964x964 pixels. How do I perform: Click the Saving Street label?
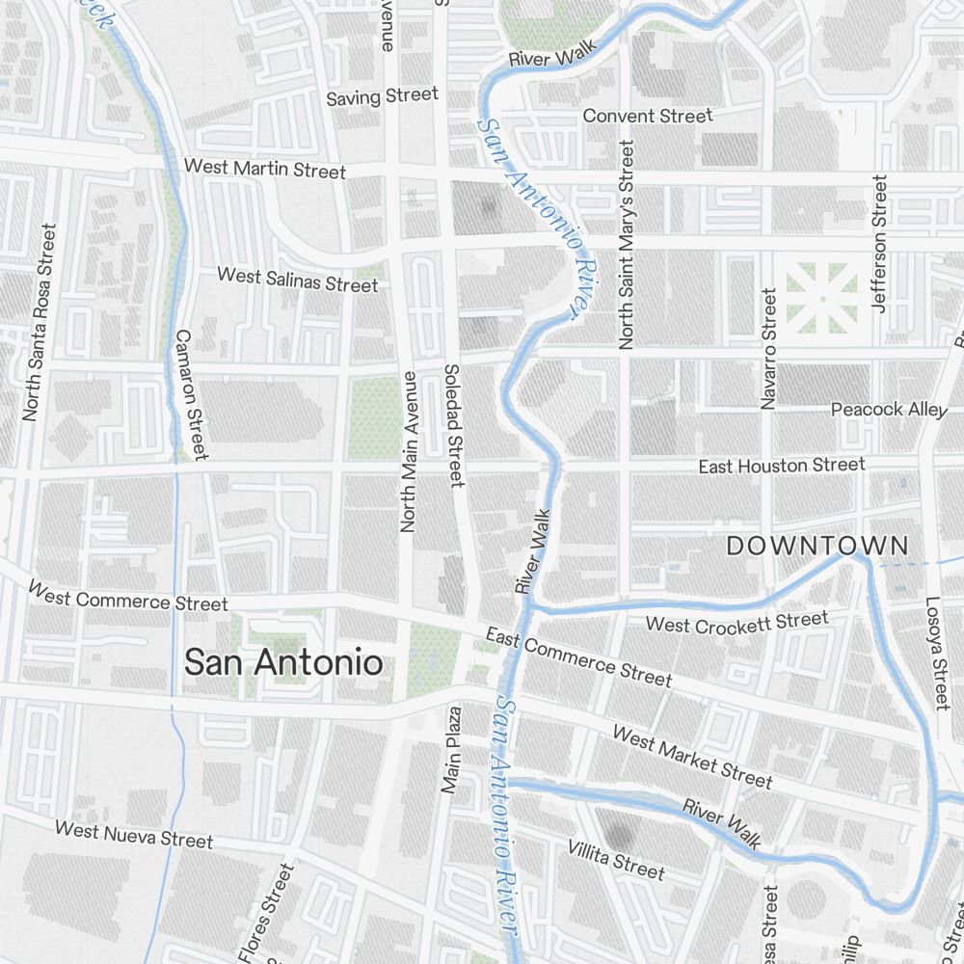pos(382,96)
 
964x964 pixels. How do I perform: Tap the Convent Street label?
pos(648,116)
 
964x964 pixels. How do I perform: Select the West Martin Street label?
pos(264,169)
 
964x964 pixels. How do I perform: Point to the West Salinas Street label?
pos(297,280)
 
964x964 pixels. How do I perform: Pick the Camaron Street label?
pos(190,394)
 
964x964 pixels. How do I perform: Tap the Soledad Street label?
pos(454,424)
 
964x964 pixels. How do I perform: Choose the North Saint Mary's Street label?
pos(627,245)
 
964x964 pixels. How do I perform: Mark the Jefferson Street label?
pos(878,243)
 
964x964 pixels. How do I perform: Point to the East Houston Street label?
pos(782,466)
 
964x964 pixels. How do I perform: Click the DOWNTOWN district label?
pos(817,546)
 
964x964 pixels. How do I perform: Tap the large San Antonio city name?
pos(282,662)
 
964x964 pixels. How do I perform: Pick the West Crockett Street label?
pos(736,622)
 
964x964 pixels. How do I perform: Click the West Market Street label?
pos(692,757)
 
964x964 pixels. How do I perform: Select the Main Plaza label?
pos(449,750)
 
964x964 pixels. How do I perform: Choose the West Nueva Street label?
pos(133,834)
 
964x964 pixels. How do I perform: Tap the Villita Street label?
pos(615,859)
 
